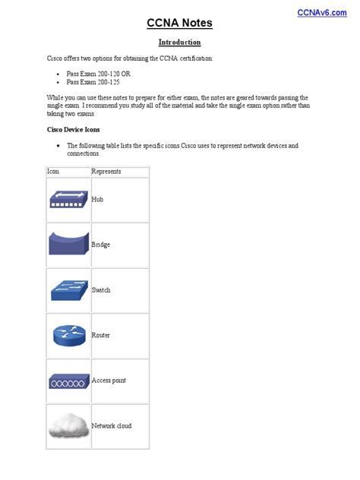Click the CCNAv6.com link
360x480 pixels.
(318, 11)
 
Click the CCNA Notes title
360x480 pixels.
(180, 24)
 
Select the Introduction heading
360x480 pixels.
(180, 43)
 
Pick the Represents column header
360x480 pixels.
(106, 172)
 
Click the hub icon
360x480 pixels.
(68, 199)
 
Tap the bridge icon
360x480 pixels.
(68, 244)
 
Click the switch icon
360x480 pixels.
(68, 289)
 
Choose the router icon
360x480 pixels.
(68, 334)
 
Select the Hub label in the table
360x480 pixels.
(97, 199)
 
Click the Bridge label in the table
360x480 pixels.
(101, 245)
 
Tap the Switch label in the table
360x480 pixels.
(101, 290)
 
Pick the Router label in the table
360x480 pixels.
(101, 335)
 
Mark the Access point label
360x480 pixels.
(109, 381)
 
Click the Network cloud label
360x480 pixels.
(112, 425)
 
